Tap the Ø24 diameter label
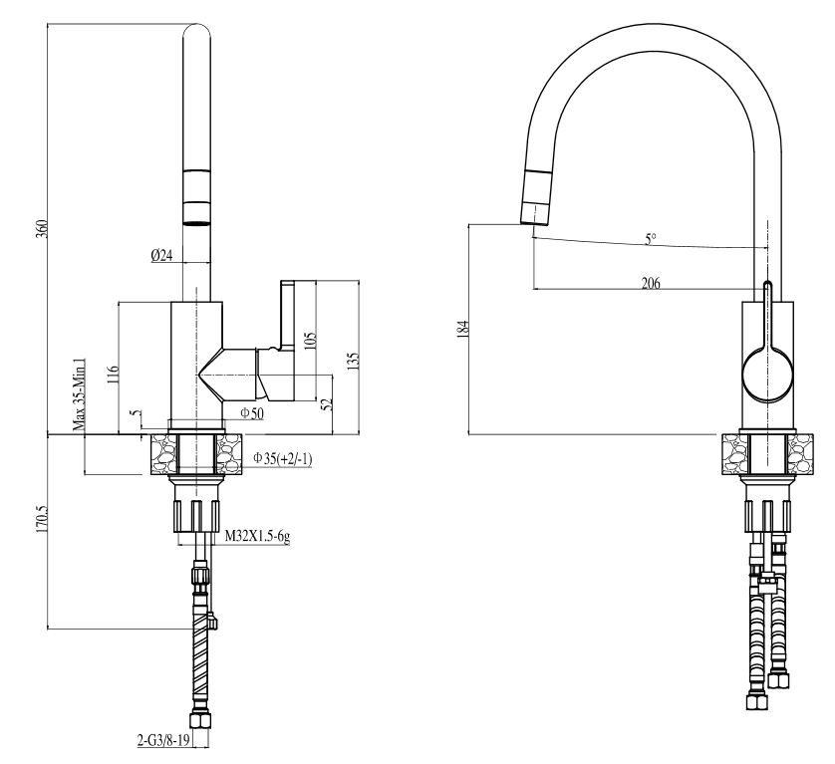point(162,256)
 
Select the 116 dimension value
point(113,374)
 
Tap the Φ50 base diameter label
point(251,413)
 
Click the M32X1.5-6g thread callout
point(256,536)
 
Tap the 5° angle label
point(650,239)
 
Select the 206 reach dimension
point(650,283)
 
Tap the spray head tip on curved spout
point(536,211)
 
